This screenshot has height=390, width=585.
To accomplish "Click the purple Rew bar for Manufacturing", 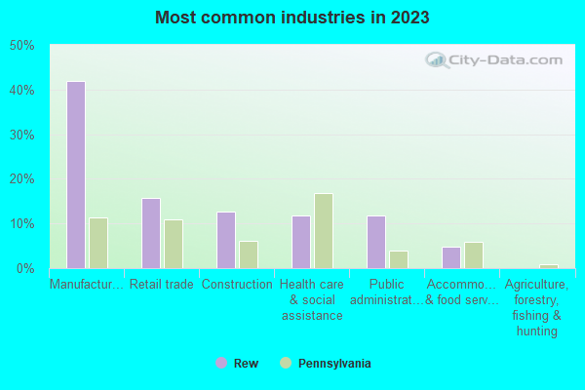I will [76, 175].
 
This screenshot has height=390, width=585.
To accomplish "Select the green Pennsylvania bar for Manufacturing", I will [98, 243].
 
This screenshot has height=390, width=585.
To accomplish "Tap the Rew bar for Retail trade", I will [151, 233].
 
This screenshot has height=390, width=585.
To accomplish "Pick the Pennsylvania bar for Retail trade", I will [174, 244].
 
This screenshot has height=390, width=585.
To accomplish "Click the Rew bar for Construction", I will [226, 240].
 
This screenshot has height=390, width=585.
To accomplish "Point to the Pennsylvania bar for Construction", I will [249, 254].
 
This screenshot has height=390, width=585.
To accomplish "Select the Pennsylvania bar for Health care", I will [324, 231].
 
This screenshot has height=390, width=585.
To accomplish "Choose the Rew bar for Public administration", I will [376, 242].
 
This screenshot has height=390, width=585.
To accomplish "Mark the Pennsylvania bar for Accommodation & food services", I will [474, 255].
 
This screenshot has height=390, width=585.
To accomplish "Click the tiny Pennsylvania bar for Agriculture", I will [549, 266].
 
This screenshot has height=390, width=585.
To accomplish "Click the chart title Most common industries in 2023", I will [292, 18].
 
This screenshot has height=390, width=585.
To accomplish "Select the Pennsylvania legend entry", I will [326, 363].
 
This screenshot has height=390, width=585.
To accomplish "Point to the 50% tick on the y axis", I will [22, 46].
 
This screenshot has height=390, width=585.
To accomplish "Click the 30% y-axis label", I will [22, 135].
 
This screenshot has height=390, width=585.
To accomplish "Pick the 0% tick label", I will [25, 268].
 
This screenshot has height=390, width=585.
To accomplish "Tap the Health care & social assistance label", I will [312, 300].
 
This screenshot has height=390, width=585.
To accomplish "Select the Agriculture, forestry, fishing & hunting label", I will [537, 308].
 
